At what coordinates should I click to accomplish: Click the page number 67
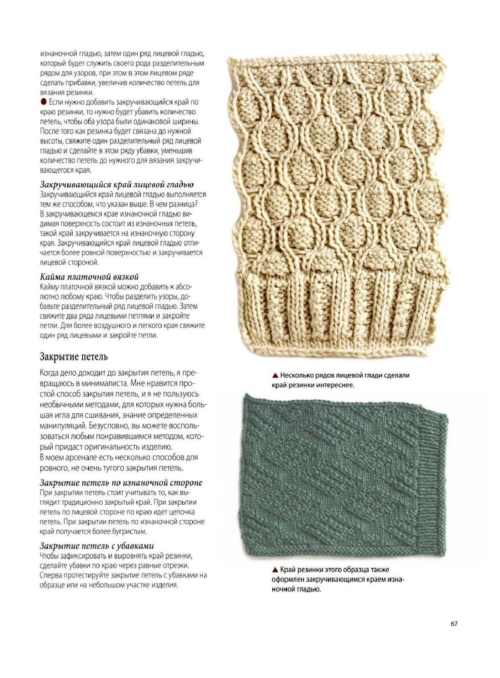[x=454, y=623]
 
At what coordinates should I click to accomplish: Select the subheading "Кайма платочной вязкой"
[x=89, y=277]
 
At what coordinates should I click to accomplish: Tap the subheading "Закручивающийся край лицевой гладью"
[x=117, y=184]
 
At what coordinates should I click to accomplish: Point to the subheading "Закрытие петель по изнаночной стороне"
[x=121, y=482]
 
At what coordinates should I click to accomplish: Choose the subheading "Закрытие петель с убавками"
[x=97, y=546]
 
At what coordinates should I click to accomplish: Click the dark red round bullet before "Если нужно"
[x=43, y=102]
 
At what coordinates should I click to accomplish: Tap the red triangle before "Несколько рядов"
[x=275, y=376]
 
